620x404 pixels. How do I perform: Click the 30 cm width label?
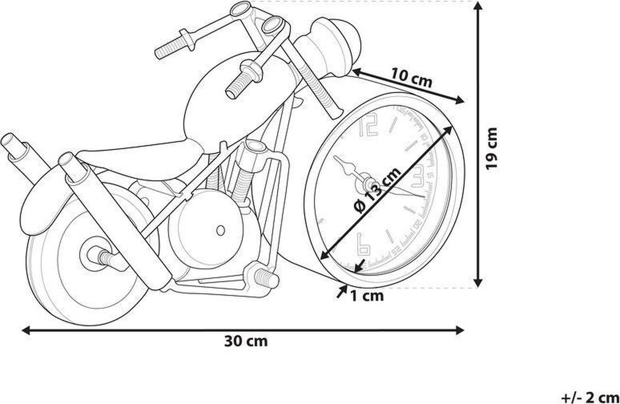point(246,341)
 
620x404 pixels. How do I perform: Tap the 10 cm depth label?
point(411,79)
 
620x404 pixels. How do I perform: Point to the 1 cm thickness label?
point(367,296)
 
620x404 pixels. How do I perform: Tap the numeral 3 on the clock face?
point(419,177)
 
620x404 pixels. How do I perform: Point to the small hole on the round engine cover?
point(221,230)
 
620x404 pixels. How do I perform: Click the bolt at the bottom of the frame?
point(264,277)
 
